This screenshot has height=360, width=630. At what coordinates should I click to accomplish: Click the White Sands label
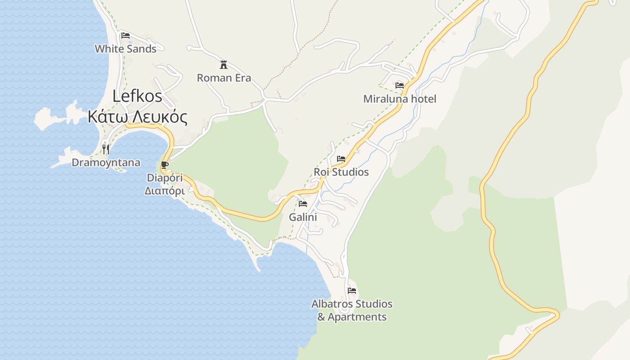pos(126,49)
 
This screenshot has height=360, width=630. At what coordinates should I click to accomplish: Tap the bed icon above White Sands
pos(126,36)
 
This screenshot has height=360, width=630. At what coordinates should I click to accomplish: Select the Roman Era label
pos(224,78)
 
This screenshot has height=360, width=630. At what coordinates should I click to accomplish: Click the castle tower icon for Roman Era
pos(224,64)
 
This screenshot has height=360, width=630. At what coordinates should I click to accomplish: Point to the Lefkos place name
pos(137,96)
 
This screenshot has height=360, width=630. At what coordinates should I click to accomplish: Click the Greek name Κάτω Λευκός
pos(137,117)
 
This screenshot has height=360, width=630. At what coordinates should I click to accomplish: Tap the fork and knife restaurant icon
pos(106,149)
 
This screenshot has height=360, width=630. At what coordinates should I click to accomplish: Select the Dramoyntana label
pos(106,162)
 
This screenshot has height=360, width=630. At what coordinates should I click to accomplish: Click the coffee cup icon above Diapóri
pos(165,165)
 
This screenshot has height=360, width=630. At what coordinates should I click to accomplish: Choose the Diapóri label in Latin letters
pos(165,178)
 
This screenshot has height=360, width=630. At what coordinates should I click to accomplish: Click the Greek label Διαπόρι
pos(165,191)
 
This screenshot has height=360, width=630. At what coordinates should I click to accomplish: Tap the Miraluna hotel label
pos(400,99)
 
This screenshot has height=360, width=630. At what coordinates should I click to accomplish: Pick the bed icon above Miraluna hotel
pos(399,85)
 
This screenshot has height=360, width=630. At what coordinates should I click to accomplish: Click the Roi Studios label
pos(341,172)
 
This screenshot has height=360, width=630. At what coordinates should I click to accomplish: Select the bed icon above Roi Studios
pos(341,159)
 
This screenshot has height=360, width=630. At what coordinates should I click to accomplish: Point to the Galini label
pos(303,217)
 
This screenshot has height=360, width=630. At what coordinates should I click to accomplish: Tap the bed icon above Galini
pos(303,204)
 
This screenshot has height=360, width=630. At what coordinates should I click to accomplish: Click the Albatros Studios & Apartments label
pos(352,310)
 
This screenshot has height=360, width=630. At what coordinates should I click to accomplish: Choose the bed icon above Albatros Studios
pos(352,291)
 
